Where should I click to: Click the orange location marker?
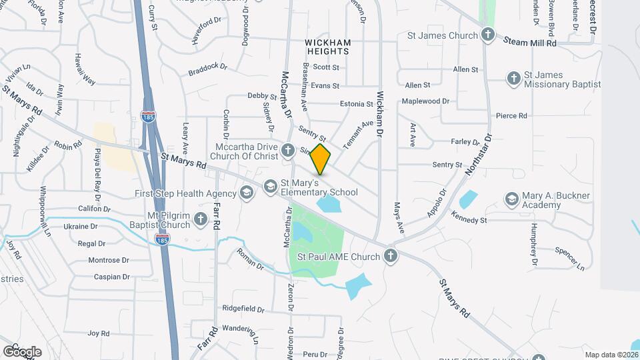click(x=321, y=159)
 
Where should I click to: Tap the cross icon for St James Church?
click(x=488, y=35)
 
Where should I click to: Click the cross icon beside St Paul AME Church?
click(x=390, y=256)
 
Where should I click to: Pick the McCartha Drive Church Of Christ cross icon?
click(x=287, y=150)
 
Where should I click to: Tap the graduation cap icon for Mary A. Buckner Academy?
click(x=511, y=199)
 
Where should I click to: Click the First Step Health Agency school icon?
click(x=247, y=193)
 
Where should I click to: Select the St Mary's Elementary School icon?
click(x=270, y=186)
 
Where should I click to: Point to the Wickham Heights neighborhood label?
click(x=327, y=47)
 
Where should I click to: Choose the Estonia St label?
click(x=356, y=104)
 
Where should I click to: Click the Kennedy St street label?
click(x=469, y=218)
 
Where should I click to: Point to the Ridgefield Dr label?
click(x=243, y=309)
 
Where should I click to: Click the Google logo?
click(x=22, y=351)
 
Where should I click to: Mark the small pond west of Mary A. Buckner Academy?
click(x=468, y=199)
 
